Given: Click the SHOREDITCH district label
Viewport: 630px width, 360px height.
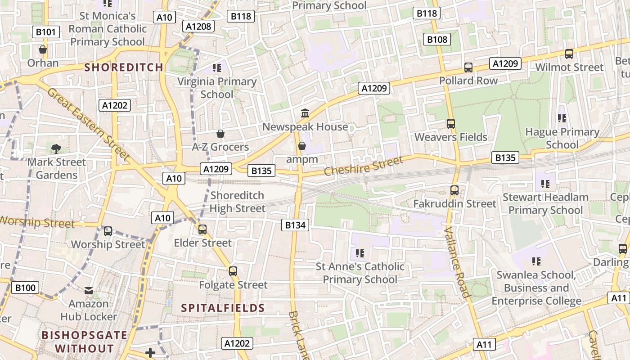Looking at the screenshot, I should point(124,67).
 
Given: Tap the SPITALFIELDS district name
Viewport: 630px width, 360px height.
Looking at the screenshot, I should point(223,308).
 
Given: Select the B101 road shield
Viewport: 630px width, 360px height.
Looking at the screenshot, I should point(46,32).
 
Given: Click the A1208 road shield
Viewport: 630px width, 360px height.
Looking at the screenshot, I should point(198,26).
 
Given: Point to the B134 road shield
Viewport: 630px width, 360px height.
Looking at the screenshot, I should point(296,225).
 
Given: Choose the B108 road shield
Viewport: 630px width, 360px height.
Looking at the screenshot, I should point(437,40).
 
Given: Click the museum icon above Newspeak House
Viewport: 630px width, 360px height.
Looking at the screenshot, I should point(305,113).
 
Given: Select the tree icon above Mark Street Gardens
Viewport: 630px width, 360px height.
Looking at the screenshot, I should point(56,148).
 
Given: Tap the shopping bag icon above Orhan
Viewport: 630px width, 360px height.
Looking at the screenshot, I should point(43,49).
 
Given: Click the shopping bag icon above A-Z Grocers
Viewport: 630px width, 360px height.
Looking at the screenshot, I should point(220,134).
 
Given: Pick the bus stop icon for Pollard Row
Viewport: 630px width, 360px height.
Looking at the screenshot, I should point(468,67).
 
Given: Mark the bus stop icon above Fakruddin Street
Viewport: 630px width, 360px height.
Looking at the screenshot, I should point(454,190).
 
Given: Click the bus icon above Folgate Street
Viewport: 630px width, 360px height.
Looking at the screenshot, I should point(233,271).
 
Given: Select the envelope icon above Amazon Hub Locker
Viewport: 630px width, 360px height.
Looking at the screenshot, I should point(89,291).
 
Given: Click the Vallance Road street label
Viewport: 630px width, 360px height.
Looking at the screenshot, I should point(457,262).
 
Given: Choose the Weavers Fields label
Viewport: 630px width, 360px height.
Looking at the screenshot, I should point(451,137).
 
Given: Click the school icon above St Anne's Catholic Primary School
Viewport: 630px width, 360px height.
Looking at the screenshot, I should point(360,253).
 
